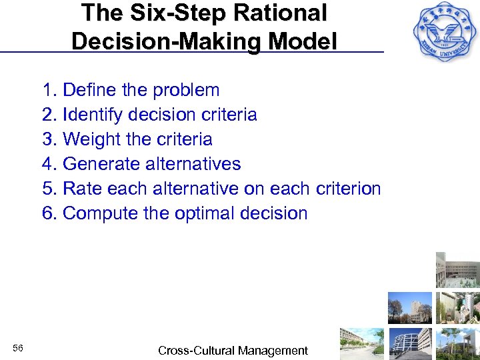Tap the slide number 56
18,349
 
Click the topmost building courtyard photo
458,270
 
